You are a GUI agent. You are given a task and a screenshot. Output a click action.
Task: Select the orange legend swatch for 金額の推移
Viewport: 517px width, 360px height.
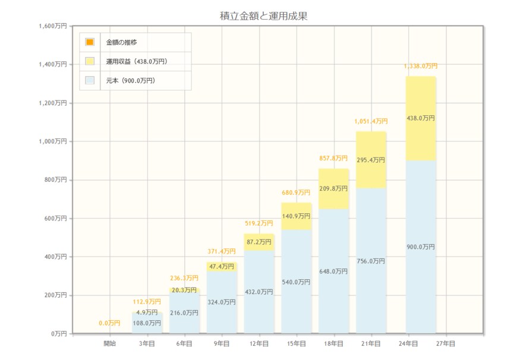[x=90, y=42]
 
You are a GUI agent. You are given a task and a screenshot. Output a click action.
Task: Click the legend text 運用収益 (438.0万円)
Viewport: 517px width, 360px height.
[x=136, y=61]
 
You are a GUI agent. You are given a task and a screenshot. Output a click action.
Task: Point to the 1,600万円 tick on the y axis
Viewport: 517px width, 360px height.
[x=52, y=26]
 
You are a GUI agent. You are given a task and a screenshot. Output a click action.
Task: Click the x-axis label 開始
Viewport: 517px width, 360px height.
[x=110, y=343]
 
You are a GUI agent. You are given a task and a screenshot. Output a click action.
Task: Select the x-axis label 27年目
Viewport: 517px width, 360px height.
[x=445, y=343]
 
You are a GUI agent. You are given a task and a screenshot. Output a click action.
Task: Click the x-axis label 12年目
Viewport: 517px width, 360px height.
[x=259, y=343]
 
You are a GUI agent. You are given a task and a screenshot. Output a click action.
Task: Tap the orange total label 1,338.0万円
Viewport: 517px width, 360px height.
[x=421, y=67]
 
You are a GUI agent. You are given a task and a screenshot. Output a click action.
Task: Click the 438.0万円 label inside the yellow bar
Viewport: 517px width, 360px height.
[x=421, y=118]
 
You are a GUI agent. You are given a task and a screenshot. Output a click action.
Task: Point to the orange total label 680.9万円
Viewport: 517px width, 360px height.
[x=296, y=192]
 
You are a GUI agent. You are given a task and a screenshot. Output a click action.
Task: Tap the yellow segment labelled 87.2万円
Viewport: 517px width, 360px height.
[x=259, y=242]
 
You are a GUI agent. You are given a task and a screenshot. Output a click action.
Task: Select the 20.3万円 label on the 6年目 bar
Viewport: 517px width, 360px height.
[x=184, y=290]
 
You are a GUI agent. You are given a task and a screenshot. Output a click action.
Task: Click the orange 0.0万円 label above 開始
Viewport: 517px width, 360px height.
[x=109, y=323]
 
